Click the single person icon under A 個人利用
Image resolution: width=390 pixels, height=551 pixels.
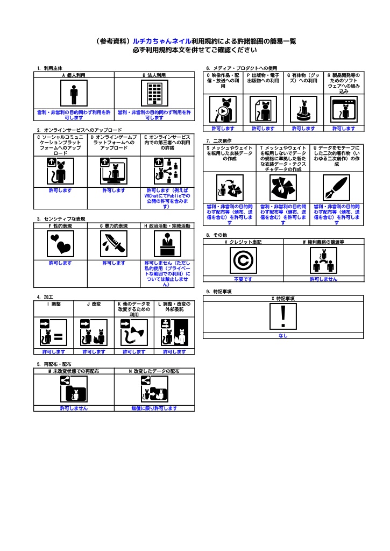coord(74,94)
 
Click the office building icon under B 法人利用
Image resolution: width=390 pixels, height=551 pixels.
coord(154,94)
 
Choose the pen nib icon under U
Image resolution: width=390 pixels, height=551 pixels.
coord(337,188)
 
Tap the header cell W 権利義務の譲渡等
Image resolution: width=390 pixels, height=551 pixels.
coord(323,242)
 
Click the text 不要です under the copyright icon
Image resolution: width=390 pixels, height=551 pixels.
coord(243,279)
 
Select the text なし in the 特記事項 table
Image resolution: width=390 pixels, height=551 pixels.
coord(283,336)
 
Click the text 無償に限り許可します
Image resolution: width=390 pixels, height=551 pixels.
coord(154,408)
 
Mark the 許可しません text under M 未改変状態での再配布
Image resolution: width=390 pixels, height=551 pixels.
coord(74,408)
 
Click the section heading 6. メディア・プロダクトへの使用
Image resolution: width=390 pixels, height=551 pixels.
coord(242,68)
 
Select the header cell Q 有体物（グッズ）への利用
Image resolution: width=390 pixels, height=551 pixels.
coord(303,78)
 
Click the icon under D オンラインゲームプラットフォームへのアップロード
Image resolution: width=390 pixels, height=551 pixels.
coord(114,171)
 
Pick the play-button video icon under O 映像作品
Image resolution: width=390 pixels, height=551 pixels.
coord(223,110)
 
